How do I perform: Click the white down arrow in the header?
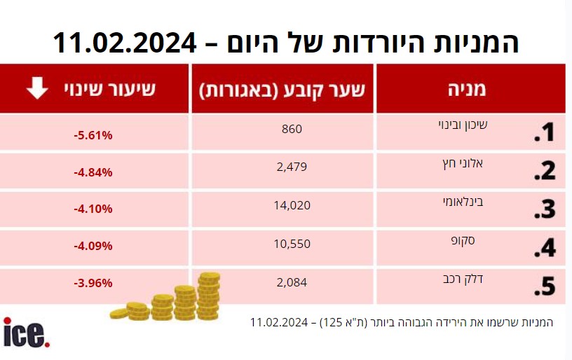pos(37,88)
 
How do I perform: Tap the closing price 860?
pos(292,129)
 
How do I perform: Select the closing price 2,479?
pos(292,167)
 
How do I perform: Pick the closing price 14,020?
pos(292,205)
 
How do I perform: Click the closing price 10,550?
pos(292,244)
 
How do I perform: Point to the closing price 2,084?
pos(292,282)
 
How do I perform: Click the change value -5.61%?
pos(93,136)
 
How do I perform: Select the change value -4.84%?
pos(93,172)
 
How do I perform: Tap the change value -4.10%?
pos(93,209)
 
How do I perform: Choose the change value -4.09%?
pos(93,247)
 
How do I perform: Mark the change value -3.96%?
pos(93,283)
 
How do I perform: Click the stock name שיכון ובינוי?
pos(463,125)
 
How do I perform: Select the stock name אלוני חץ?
pos(463,163)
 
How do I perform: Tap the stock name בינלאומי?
pos(463,202)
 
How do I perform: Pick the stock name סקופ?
pos(463,241)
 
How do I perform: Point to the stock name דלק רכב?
pos(463,279)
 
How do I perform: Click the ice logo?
pos(26,332)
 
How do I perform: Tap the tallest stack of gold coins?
pos(209,296)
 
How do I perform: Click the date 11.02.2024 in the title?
pos(125,43)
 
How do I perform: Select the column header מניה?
pos(467,88)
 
